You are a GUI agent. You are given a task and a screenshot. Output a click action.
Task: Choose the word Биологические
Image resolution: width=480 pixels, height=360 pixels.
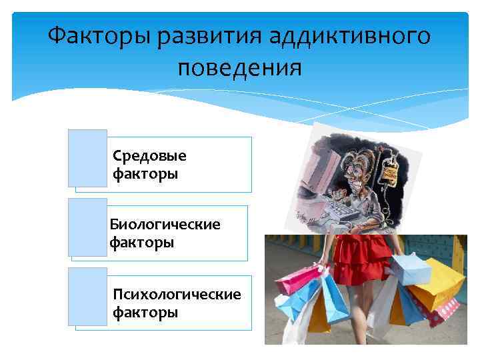[165, 225]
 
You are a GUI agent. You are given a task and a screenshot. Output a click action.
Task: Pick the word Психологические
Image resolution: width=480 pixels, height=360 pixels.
[177, 294]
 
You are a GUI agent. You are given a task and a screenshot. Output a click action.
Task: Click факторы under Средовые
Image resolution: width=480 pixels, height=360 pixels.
[145, 175]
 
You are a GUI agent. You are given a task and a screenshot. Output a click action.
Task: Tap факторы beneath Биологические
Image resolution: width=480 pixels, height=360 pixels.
[142, 243]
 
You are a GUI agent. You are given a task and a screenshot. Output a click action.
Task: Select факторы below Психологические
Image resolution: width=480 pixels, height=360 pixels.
[145, 312]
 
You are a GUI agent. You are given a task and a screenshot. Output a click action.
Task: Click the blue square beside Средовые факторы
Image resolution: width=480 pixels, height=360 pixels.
[87, 158]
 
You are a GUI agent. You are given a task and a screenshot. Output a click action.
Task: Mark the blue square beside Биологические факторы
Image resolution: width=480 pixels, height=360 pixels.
[87, 227]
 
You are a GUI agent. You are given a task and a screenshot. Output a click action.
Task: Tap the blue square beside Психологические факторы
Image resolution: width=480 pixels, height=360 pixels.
[87, 297]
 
